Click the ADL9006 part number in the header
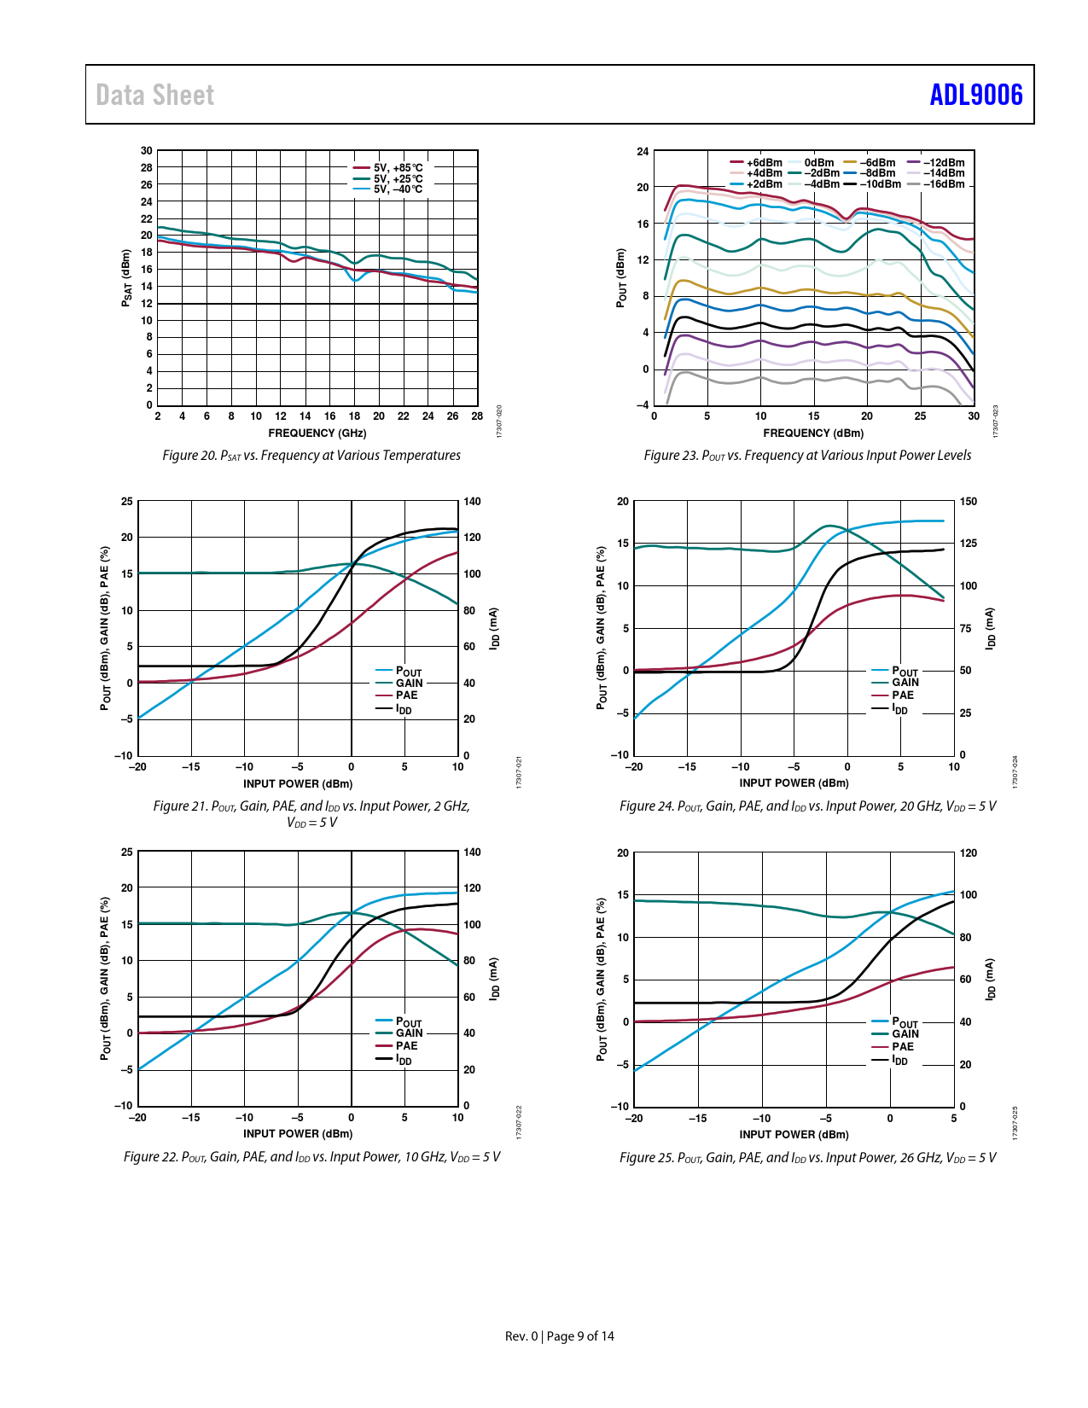point(975,95)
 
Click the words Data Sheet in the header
point(154,95)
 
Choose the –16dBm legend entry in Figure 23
point(944,183)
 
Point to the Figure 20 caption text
point(311,456)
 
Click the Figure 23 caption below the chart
point(807,456)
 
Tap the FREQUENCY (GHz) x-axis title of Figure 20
point(317,433)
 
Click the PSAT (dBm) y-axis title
point(126,278)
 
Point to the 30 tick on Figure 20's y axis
point(147,151)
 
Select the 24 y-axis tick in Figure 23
point(643,152)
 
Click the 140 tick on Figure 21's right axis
point(472,502)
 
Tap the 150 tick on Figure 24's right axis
point(968,502)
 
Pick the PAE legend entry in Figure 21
point(406,695)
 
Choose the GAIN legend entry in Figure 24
point(905,683)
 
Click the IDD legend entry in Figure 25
point(899,1060)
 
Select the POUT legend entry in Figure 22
point(408,1022)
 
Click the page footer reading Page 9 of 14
point(579,1336)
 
